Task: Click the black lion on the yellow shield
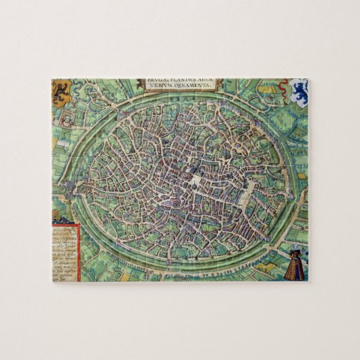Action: pos(61,89)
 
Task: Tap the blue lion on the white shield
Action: pos(300,91)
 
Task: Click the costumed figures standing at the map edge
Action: pos(294,264)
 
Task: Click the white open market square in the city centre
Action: pos(196,181)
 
